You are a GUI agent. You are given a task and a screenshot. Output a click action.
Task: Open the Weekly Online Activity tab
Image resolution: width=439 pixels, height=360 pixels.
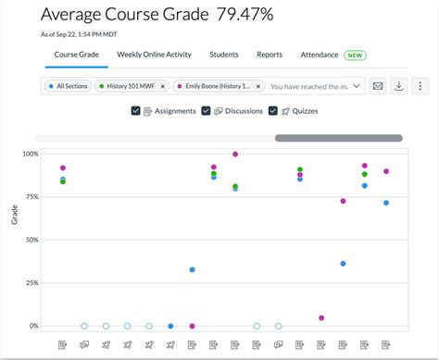155,55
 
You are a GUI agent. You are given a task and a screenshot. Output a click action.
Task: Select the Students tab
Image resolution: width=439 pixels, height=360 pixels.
224,55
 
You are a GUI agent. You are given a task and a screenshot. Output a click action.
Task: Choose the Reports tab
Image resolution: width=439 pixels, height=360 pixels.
270,55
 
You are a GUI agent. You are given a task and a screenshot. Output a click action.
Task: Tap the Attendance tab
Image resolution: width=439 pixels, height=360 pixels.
319,55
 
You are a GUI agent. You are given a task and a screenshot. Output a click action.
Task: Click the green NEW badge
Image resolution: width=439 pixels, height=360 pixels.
355,56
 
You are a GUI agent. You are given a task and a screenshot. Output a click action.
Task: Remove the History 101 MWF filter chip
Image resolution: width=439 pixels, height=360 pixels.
163,86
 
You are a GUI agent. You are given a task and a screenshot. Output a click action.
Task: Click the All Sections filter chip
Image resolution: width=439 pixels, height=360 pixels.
68,86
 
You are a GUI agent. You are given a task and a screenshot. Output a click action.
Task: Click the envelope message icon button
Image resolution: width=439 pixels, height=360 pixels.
378,86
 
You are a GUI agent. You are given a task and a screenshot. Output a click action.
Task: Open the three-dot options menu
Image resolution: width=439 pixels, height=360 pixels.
420,86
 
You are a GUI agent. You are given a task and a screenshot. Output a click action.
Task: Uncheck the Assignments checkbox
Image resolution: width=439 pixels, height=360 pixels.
136,111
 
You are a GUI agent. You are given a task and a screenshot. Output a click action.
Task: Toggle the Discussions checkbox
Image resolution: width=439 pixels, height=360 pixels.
205,111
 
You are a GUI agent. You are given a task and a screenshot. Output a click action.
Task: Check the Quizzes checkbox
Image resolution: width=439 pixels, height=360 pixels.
273,111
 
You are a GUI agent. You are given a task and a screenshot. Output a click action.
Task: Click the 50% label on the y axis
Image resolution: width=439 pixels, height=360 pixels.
31,240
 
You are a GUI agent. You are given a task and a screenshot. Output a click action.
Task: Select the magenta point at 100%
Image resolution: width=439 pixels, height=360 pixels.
235,155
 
